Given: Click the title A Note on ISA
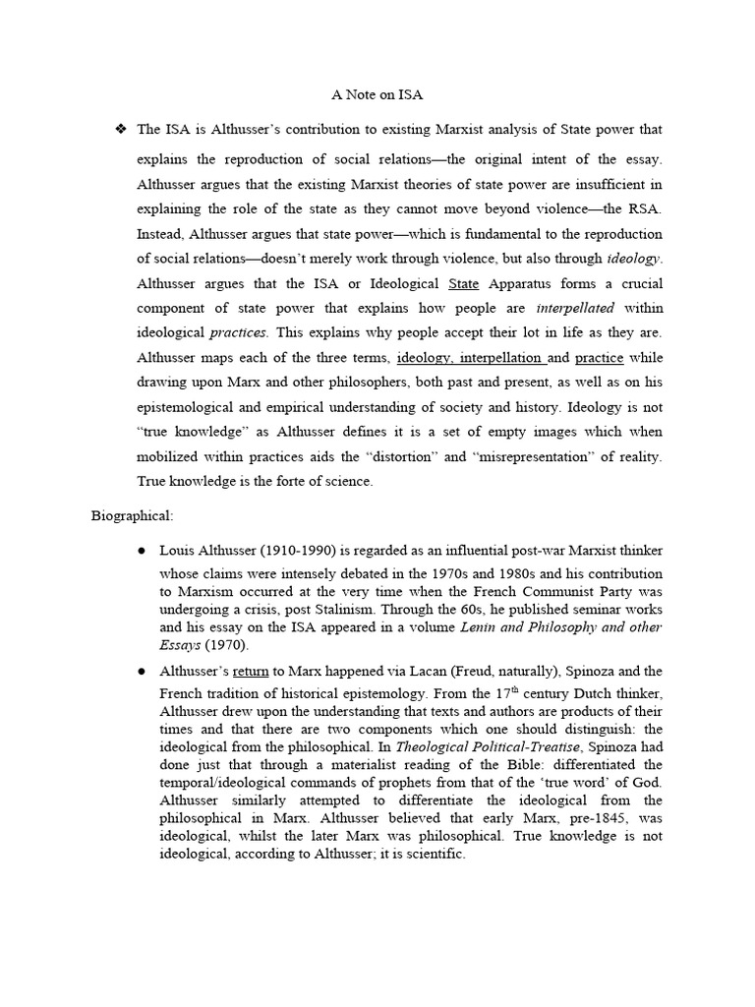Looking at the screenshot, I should tap(377, 94).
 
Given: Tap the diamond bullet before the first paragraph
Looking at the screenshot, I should tap(122, 129).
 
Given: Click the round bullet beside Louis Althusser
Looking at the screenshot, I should tap(142, 550).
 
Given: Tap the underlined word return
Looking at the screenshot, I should tap(251, 671).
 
